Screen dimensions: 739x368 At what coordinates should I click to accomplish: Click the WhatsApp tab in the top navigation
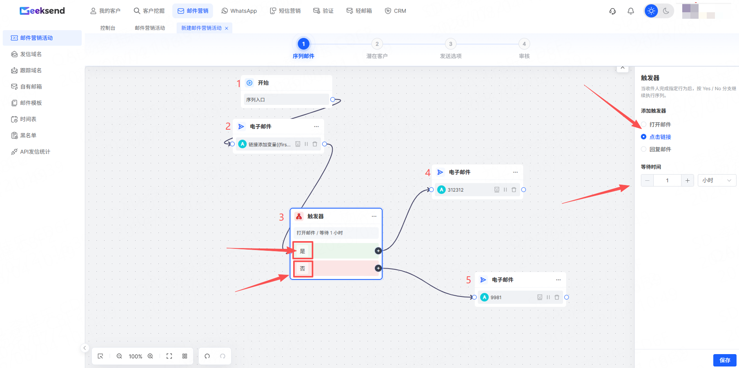(x=239, y=11)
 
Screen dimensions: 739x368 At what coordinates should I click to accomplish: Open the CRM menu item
(x=396, y=11)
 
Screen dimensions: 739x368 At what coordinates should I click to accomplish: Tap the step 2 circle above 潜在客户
(x=377, y=44)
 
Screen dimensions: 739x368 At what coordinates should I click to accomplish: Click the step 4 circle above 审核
(x=524, y=44)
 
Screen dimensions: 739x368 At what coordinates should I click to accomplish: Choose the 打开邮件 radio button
(x=643, y=124)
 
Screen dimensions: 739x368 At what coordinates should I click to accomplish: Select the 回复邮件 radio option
(x=643, y=149)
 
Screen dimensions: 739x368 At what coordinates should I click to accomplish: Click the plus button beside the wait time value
(x=688, y=180)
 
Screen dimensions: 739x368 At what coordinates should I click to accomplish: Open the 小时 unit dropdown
(x=717, y=180)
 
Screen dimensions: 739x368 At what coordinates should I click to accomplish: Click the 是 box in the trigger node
(x=303, y=251)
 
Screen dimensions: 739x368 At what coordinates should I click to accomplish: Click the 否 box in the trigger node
(x=303, y=268)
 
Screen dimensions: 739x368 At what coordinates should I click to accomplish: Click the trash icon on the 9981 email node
(x=557, y=297)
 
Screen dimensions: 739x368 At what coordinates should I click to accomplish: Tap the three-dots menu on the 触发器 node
(x=374, y=216)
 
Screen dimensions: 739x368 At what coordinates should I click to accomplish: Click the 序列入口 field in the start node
(x=286, y=100)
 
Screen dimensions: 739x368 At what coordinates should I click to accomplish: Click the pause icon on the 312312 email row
(x=505, y=190)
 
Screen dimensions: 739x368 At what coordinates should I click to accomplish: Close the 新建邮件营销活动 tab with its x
(x=227, y=28)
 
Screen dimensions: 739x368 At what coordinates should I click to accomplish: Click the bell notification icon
(x=631, y=11)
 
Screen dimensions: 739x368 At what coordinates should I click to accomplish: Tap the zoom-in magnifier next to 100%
(x=150, y=356)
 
